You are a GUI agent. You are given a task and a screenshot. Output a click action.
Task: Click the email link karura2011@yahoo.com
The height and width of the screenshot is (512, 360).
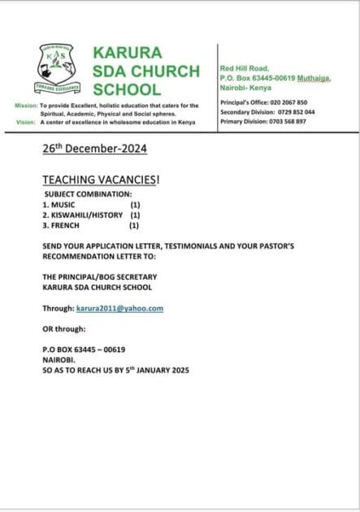pos(119,309)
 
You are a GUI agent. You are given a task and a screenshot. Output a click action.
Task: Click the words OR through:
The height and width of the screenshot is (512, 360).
pos(63,329)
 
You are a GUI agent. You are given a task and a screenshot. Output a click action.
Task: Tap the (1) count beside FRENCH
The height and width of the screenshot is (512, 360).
pos(134,226)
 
